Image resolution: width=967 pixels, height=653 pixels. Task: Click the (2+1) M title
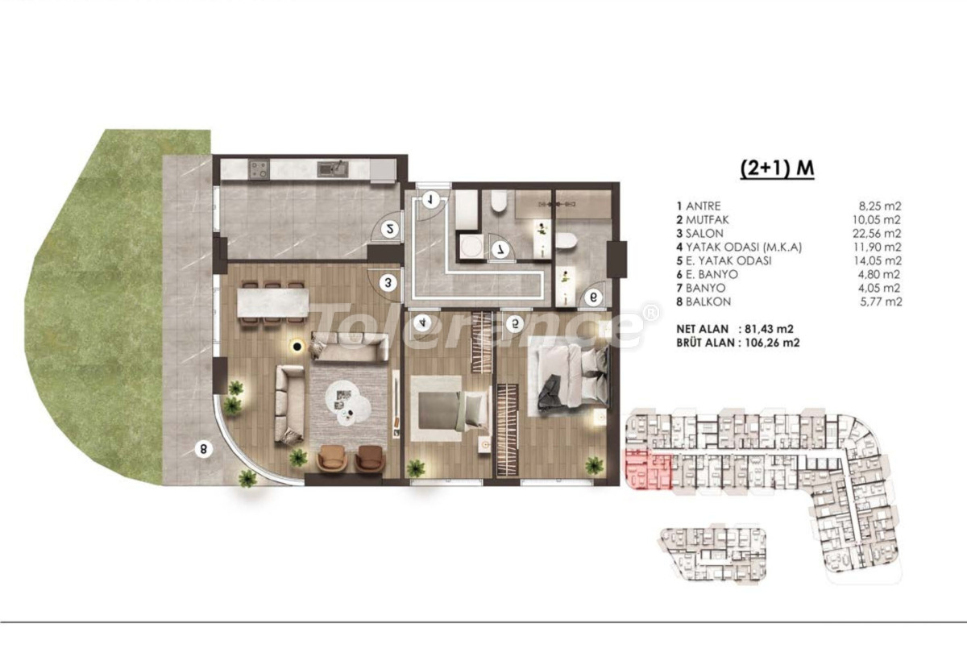[777, 168]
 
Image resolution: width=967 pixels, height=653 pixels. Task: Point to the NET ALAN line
[735, 329]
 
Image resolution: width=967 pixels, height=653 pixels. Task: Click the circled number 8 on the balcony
[203, 450]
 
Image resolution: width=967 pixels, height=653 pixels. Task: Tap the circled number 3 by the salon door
[388, 283]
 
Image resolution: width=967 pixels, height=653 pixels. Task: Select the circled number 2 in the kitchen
[389, 229]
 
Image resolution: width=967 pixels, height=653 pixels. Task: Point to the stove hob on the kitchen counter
[259, 168]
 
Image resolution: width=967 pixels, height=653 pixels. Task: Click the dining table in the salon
[272, 302]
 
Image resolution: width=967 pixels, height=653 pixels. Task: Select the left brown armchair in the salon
[331, 458]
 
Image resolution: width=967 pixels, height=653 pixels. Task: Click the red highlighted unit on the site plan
[648, 469]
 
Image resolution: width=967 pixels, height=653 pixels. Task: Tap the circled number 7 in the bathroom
[500, 250]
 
